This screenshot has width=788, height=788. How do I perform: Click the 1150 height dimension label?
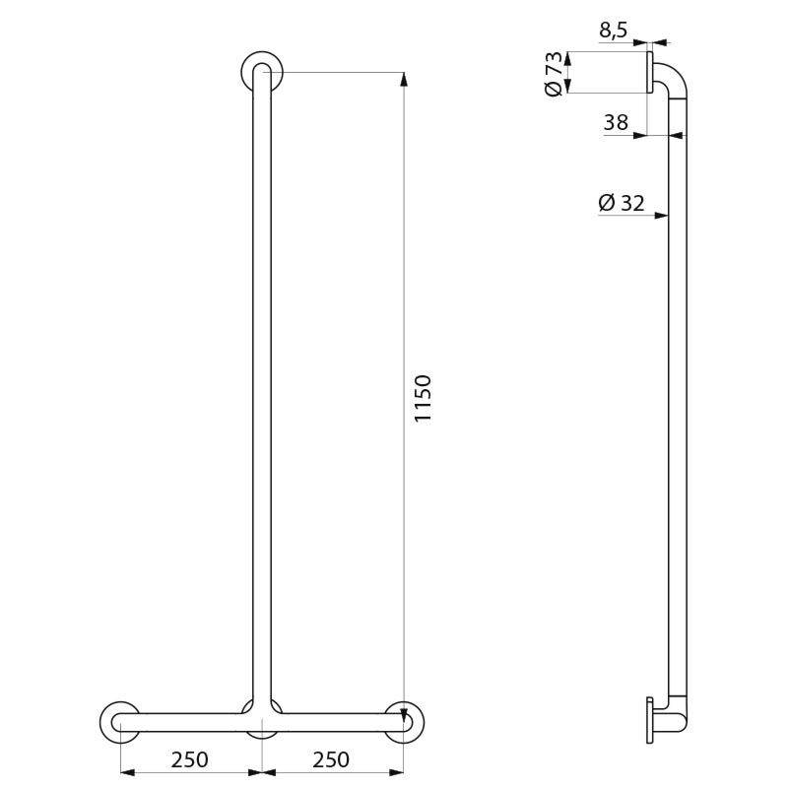[x=423, y=399]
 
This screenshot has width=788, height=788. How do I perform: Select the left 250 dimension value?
[x=189, y=759]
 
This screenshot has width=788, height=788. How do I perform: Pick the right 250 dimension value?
[x=332, y=759]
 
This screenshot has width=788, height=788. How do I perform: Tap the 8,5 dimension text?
[x=613, y=30]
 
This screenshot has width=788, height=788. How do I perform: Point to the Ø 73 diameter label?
[x=554, y=74]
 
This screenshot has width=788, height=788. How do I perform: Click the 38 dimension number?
[x=616, y=123]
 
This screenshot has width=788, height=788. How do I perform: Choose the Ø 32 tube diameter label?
[x=621, y=203]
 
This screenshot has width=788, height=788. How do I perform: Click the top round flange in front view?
[x=262, y=70]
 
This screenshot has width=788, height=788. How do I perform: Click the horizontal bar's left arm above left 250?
[x=187, y=723]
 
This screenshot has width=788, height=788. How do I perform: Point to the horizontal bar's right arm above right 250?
[x=335, y=723]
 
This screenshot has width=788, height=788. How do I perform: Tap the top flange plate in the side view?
[x=650, y=74]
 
